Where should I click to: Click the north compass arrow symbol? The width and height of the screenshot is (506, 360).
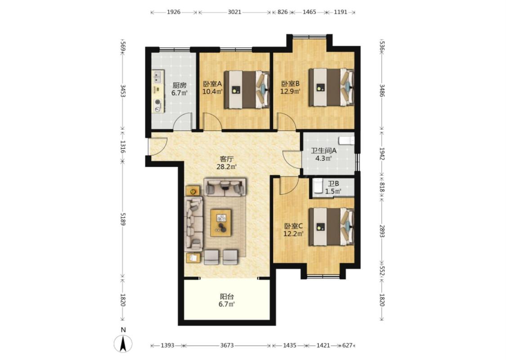click(x=123, y=343)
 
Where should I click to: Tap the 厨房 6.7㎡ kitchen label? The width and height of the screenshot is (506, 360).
click(x=179, y=89)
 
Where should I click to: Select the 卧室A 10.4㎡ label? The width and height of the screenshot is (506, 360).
click(x=212, y=87)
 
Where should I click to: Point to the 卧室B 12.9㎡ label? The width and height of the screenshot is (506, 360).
click(x=291, y=87)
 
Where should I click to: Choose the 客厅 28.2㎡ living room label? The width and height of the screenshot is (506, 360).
click(x=227, y=163)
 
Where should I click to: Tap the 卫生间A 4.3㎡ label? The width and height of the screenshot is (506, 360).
click(x=324, y=154)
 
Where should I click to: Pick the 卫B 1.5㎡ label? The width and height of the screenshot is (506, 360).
click(x=333, y=188)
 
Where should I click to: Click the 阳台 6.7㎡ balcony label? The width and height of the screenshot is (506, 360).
click(x=227, y=300)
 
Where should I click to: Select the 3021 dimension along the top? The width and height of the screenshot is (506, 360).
click(x=235, y=12)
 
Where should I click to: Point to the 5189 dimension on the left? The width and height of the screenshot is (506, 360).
click(x=123, y=219)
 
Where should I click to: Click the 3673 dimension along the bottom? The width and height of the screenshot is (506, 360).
click(x=227, y=346)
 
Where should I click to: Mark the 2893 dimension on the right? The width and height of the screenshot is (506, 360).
click(x=382, y=231)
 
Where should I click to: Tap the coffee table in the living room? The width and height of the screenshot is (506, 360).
click(x=221, y=223)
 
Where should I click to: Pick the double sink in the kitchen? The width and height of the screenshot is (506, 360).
click(x=157, y=77)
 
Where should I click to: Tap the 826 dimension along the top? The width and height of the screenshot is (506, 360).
click(x=282, y=12)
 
